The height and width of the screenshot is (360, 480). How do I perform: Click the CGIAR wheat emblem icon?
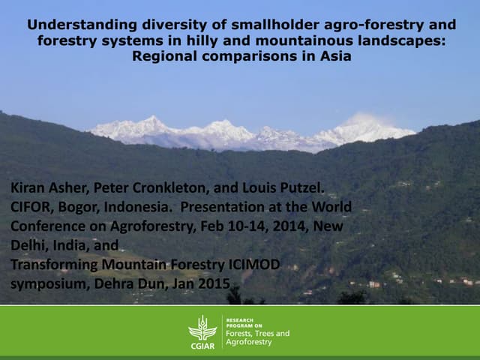pyautogui.click(x=202, y=328)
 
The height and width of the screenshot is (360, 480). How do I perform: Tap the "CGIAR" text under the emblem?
pyautogui.click(x=202, y=346)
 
